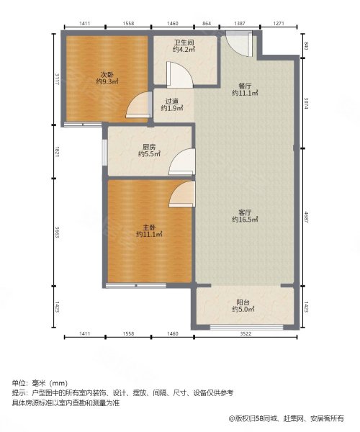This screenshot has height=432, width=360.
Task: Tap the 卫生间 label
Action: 183,42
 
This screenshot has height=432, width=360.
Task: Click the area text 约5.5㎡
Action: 150,154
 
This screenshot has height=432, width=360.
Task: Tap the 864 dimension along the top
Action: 207,24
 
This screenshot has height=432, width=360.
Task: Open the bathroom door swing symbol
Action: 177,76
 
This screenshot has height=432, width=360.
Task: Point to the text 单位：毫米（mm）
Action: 40,382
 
